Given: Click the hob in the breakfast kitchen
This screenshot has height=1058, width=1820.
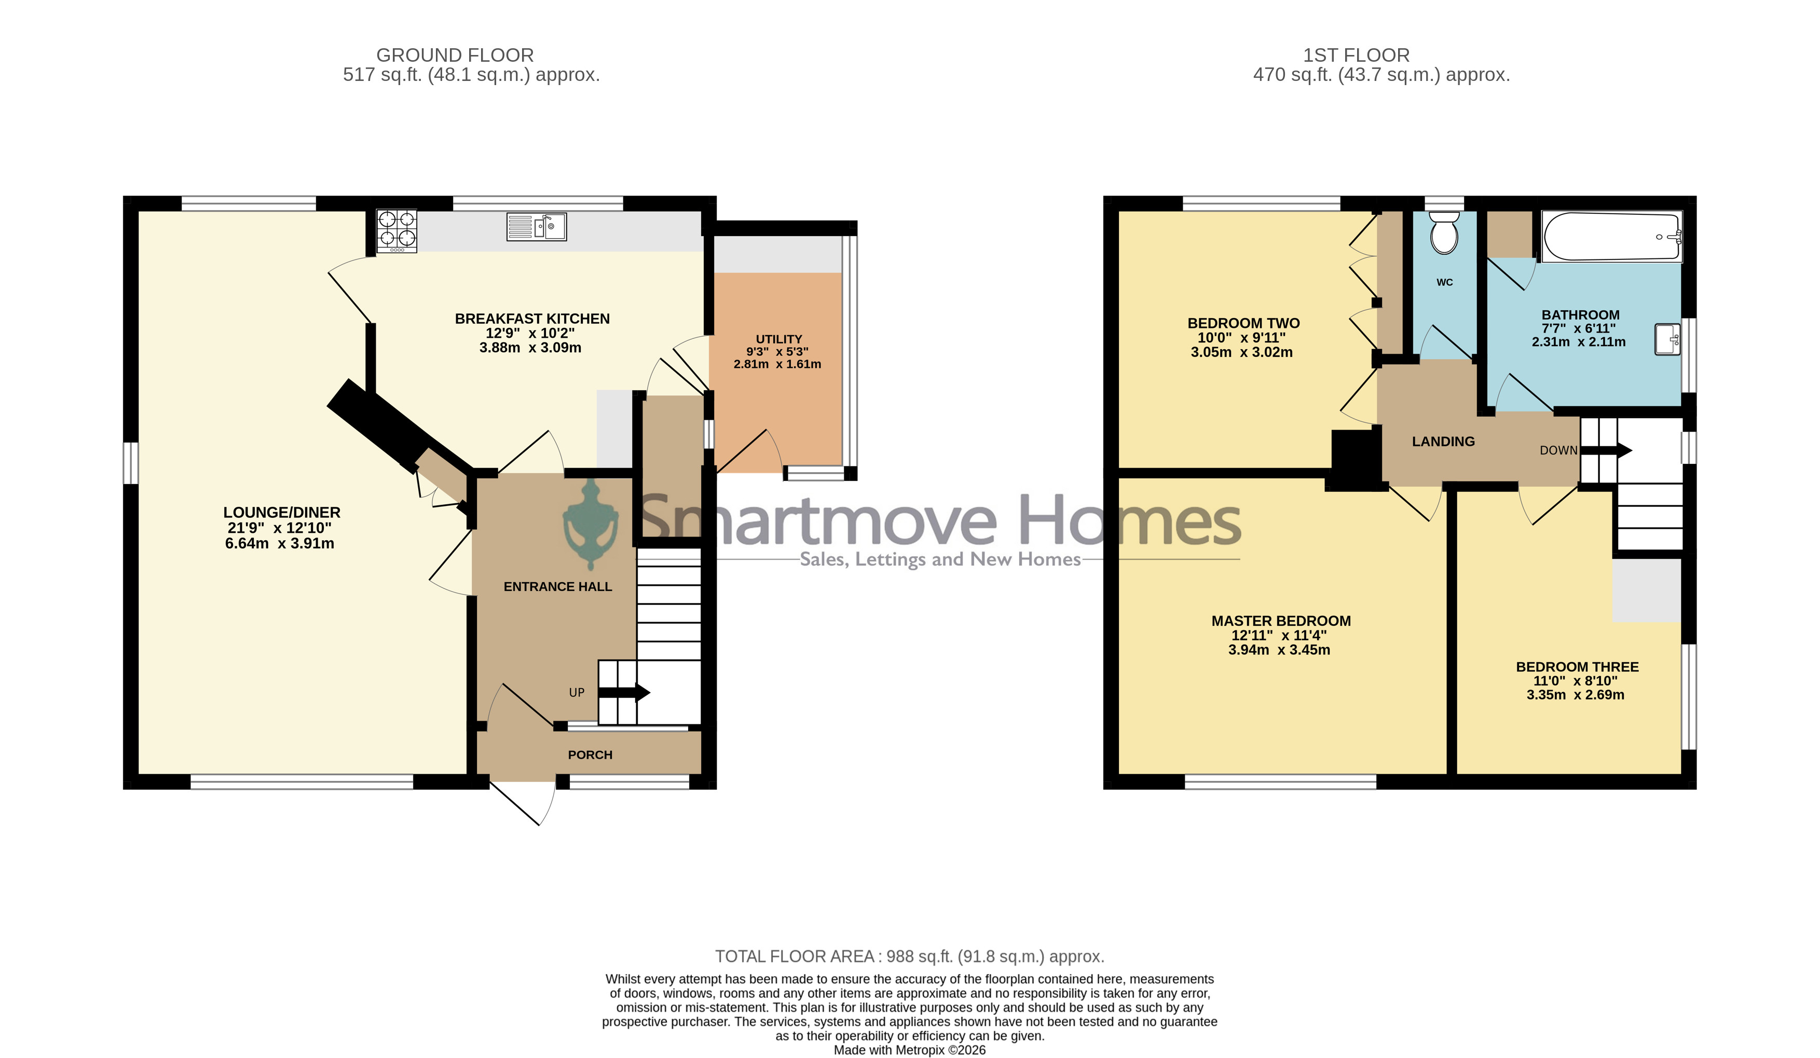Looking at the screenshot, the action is tap(396, 231).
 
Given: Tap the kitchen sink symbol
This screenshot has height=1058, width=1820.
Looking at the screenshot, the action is tap(537, 227).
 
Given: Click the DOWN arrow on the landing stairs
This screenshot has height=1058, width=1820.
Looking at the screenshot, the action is tap(1606, 450).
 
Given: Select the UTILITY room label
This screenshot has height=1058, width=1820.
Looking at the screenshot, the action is tap(778, 339).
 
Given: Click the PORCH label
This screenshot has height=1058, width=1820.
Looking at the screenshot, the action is tap(590, 754).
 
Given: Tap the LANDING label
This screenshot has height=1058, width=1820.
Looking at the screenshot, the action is tap(1443, 441).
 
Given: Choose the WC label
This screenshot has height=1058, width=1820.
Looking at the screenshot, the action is tap(1444, 282).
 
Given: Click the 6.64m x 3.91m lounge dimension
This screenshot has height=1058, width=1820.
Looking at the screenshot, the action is tap(280, 544).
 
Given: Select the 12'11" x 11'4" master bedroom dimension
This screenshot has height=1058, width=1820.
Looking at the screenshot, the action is tap(1279, 636).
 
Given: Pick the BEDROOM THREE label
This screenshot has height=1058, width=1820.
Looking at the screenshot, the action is tap(1577, 667).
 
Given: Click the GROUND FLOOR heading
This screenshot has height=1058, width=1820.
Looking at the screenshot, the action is tap(455, 56).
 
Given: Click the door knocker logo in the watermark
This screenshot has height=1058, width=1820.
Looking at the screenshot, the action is tap(591, 525).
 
